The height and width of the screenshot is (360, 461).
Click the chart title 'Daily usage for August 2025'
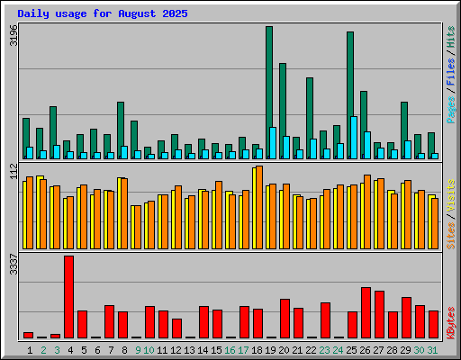[x=103, y=13]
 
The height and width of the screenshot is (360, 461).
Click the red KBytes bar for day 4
[x=68, y=297]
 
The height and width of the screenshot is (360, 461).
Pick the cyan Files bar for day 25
[x=354, y=138]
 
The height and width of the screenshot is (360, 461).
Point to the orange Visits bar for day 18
[x=259, y=207]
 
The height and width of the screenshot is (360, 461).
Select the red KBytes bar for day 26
[x=366, y=313]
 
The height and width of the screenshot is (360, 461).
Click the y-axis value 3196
[x=14, y=35]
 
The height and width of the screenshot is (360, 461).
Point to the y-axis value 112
[x=14, y=171]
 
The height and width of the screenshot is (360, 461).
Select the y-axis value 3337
[x=14, y=264]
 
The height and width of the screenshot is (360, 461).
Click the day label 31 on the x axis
[x=432, y=350]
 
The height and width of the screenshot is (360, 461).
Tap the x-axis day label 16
[x=230, y=350]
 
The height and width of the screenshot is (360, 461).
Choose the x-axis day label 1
[x=30, y=350]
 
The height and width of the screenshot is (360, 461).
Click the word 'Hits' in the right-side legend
[x=450, y=37]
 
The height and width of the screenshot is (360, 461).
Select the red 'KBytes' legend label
[x=451, y=323]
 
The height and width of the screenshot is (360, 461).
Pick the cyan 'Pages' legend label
[x=451, y=110]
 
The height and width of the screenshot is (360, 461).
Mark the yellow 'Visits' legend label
[x=450, y=196]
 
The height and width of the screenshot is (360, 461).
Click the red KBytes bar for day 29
[x=406, y=318]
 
